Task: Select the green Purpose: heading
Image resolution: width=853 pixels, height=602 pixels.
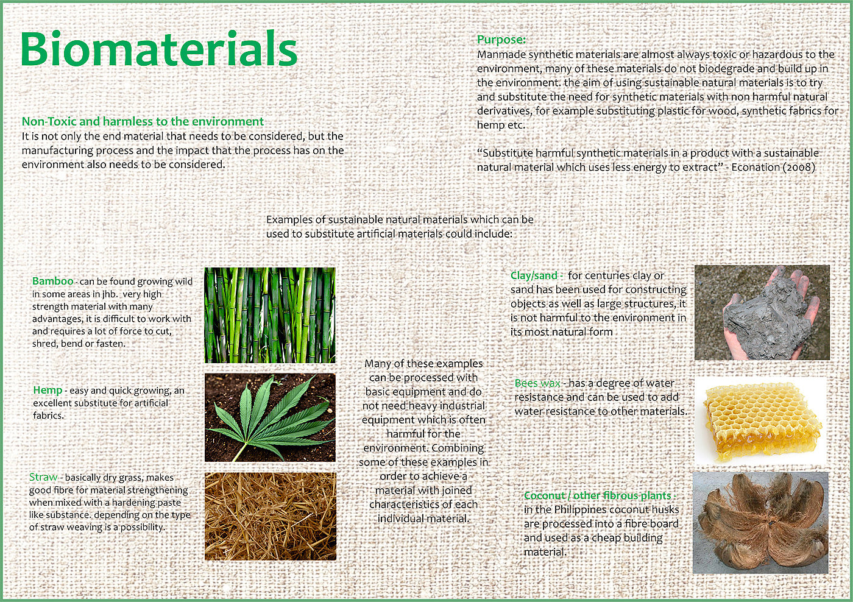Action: click(501, 39)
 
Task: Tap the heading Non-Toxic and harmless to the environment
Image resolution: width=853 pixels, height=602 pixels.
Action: click(143, 121)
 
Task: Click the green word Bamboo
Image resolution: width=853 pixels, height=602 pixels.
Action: click(52, 281)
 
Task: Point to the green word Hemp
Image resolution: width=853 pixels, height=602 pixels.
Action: click(48, 390)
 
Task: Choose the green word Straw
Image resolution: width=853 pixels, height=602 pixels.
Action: click(43, 476)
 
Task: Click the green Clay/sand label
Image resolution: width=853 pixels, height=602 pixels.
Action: click(534, 275)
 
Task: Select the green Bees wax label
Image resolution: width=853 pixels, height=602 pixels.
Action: click(537, 383)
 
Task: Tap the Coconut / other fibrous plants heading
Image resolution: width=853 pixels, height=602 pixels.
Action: click(598, 495)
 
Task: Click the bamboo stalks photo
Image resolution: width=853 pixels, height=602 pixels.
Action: click(270, 315)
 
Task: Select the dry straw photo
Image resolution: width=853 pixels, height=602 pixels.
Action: click(271, 516)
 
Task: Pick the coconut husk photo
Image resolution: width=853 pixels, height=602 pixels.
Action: click(760, 523)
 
